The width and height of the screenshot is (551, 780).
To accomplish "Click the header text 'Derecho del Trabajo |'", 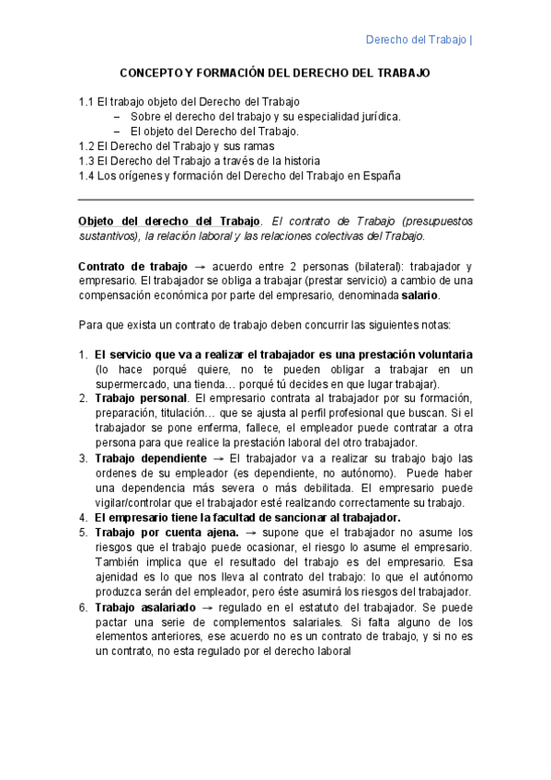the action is pyautogui.click(x=419, y=40).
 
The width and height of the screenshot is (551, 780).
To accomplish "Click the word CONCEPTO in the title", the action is pyautogui.click(x=152, y=72).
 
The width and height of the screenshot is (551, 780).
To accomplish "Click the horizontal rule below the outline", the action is pyautogui.click(x=276, y=199).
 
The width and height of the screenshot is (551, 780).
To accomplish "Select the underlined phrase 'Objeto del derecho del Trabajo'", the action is pyautogui.click(x=169, y=222).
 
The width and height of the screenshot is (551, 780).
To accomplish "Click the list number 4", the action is pyautogui.click(x=83, y=517).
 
